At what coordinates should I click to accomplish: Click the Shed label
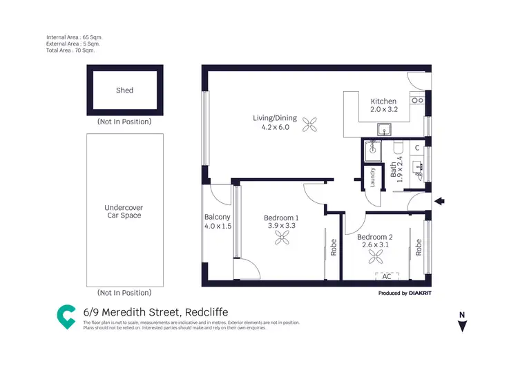click(x=125, y=90)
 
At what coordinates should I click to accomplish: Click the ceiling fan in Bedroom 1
click(x=282, y=238)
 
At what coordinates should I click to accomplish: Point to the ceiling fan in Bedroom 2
click(x=376, y=257)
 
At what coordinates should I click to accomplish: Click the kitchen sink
click(x=383, y=129)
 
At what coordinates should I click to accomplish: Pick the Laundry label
click(x=372, y=177)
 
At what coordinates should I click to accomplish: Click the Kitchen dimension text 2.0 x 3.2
click(x=384, y=109)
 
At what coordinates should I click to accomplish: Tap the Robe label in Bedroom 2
click(x=419, y=247)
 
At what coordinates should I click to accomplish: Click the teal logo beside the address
click(x=66, y=316)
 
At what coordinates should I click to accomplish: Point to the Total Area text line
click(x=70, y=50)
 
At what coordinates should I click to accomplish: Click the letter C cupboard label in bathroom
click(x=417, y=148)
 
